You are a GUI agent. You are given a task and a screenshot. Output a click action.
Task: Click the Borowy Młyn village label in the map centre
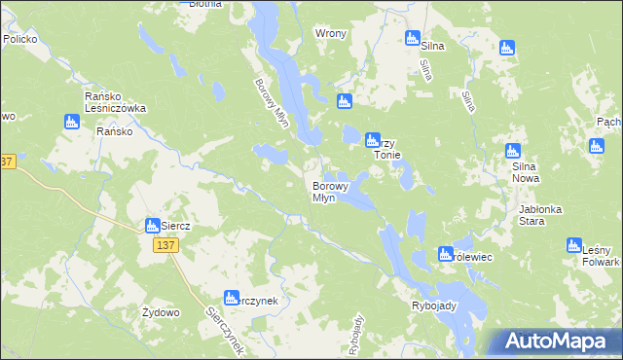pyautogui.click(x=324, y=192)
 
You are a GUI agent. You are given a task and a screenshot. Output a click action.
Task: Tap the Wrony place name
pyautogui.click(x=331, y=33)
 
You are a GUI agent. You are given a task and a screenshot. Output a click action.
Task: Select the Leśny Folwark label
pyautogui.click(x=600, y=257)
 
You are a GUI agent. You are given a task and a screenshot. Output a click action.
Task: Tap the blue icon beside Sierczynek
pyautogui.click(x=232, y=299)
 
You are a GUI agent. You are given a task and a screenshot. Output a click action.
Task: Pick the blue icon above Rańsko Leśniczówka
pyautogui.click(x=70, y=122)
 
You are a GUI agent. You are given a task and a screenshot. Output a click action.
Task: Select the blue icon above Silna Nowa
pyautogui.click(x=513, y=151)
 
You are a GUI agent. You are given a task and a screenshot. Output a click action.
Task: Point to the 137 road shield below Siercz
pyautogui.click(x=164, y=247)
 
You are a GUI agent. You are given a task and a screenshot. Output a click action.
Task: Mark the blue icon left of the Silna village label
pyautogui.click(x=412, y=39)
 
